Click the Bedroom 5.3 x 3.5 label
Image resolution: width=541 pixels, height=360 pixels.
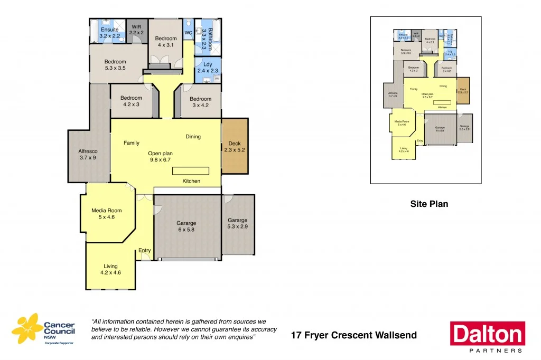tap(115, 65)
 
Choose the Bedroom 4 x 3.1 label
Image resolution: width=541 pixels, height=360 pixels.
tap(165, 42)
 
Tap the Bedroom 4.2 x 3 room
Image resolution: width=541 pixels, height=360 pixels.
tap(131, 101)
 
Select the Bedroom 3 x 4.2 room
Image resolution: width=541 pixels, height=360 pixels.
tap(200, 102)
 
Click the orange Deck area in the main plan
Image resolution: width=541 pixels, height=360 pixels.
tap(234, 146)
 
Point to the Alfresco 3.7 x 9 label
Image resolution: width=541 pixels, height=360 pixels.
tap(88, 154)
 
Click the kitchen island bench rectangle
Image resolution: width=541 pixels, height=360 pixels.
tap(191, 171)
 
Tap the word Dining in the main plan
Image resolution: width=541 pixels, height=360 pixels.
tap(193, 137)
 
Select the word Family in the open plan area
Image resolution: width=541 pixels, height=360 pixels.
tap(132, 143)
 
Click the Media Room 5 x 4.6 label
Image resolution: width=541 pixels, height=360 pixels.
tap(107, 213)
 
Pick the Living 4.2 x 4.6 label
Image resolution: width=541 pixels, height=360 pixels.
tap(110, 269)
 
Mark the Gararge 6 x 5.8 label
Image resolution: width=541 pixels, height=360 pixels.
tap(186, 226)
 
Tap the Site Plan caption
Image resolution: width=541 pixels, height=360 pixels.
tap(429, 204)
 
